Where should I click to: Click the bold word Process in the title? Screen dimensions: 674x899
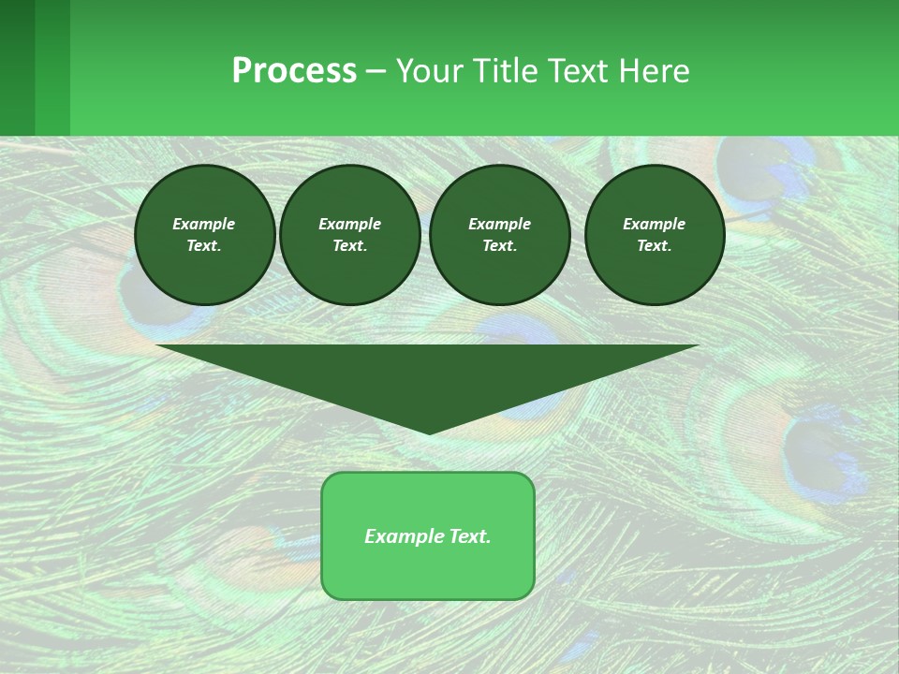(294, 71)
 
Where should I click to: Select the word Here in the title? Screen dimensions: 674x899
(654, 71)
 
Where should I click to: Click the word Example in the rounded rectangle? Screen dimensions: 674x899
(402, 536)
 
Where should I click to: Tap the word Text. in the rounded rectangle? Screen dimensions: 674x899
(467, 536)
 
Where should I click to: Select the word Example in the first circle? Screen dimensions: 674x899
(204, 224)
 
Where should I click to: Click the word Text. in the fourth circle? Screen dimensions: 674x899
(655, 245)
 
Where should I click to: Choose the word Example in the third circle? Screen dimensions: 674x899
(500, 224)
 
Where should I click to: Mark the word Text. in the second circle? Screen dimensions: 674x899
(350, 245)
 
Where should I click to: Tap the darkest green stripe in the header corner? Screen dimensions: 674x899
(17, 67)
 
